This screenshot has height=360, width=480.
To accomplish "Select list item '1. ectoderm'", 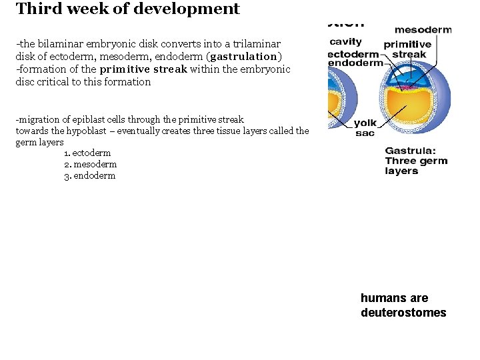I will (87, 153).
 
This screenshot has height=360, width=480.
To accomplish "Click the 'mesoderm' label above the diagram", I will (423, 29).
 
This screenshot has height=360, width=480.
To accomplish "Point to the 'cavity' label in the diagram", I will (345, 42).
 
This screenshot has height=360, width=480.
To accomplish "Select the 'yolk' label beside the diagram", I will (365, 123).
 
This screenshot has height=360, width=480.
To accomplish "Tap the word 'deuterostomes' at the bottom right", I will (403, 313).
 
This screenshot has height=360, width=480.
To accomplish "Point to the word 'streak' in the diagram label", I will (409, 55).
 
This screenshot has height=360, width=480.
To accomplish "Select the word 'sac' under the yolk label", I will (365, 133).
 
